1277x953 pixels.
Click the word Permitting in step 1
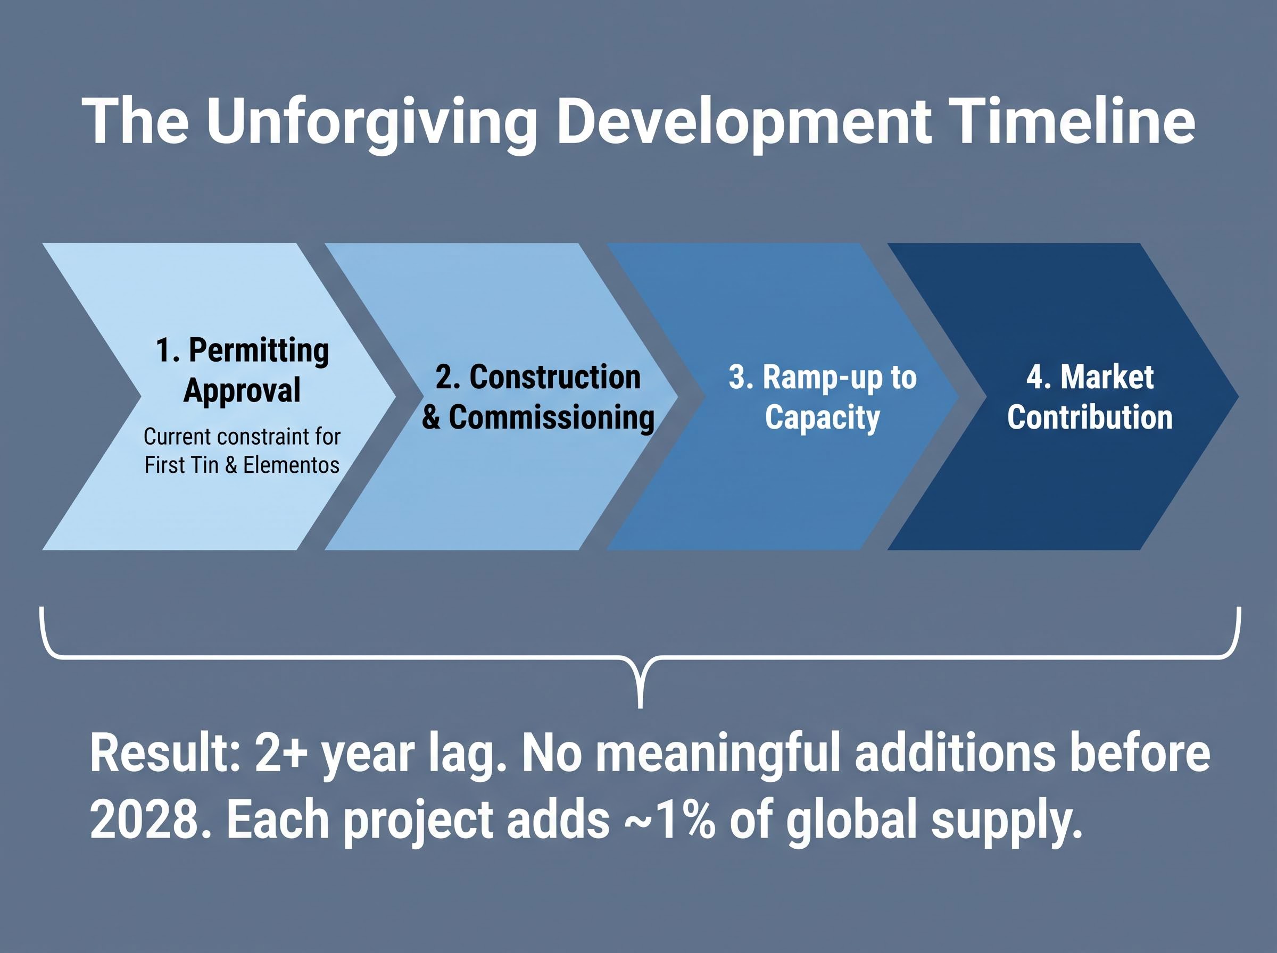(x=259, y=351)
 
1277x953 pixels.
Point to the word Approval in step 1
(x=242, y=390)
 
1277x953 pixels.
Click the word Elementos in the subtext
(x=291, y=465)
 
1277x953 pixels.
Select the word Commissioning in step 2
(x=552, y=417)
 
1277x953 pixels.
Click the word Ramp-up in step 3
(x=814, y=379)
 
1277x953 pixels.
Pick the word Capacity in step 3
(x=822, y=418)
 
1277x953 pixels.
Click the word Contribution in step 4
(x=1090, y=417)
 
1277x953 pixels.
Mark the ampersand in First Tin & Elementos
(x=231, y=465)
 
